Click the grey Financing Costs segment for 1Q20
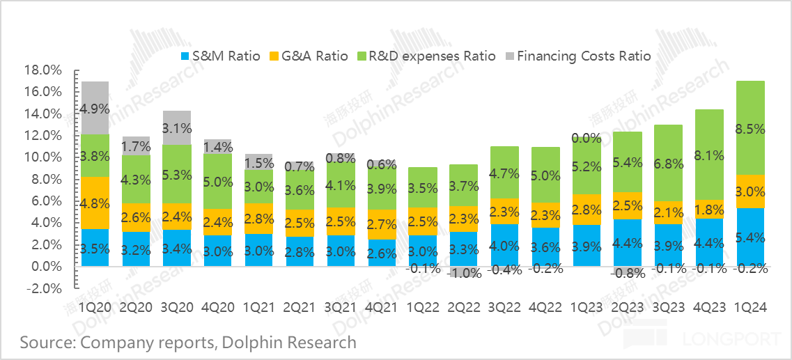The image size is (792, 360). (x=95, y=108)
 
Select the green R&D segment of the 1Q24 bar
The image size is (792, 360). (x=750, y=128)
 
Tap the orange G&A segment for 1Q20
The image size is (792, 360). (x=95, y=203)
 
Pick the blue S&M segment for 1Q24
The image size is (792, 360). (x=750, y=237)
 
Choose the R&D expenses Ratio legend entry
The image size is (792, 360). (x=426, y=56)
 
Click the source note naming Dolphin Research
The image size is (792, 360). (x=188, y=342)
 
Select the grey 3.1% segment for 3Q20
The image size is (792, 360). (x=176, y=127)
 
